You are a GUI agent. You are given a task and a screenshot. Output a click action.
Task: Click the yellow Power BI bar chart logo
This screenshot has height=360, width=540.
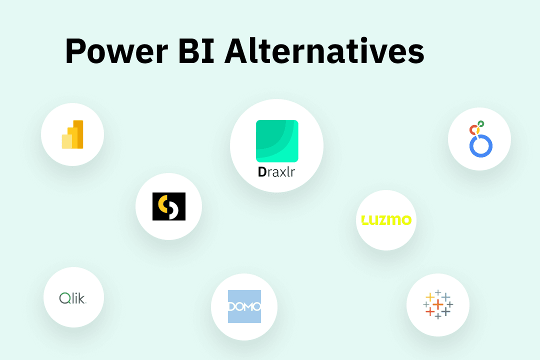(x=72, y=134)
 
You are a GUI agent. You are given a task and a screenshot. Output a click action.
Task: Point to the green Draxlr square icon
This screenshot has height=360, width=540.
(x=277, y=141)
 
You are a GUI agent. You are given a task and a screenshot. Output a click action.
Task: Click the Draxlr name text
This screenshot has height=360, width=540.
(x=277, y=172)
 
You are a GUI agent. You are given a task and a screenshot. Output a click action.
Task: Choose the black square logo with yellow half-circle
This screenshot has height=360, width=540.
(x=169, y=206)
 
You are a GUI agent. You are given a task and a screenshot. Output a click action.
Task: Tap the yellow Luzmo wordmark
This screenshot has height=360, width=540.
(x=386, y=219)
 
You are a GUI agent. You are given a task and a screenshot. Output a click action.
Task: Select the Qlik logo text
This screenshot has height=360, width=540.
(x=73, y=298)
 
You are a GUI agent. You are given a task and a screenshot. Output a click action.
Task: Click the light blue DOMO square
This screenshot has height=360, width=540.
(x=244, y=306)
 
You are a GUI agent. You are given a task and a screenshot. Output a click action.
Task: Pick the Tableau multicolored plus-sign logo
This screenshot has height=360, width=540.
(x=438, y=304)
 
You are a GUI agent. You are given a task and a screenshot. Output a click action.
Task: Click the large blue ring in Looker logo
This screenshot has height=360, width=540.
(x=481, y=145)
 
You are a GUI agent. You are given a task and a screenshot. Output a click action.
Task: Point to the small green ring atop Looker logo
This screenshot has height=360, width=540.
(x=481, y=123)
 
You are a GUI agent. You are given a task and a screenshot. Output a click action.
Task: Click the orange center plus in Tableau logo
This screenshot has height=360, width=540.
(x=438, y=304)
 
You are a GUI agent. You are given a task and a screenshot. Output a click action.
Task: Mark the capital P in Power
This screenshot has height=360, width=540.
(x=75, y=51)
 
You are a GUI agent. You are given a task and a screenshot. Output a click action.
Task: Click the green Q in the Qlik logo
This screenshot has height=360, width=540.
(x=64, y=298)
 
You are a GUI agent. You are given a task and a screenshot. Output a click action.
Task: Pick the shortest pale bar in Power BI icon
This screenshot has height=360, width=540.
(x=66, y=141)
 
